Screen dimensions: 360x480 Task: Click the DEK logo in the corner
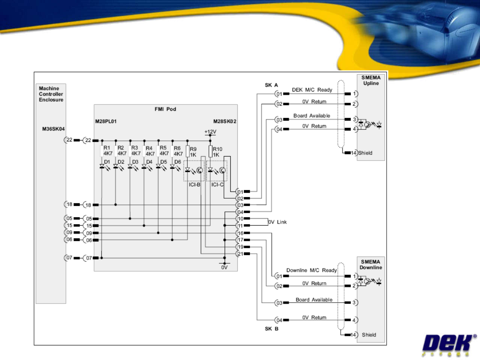coord(449,344)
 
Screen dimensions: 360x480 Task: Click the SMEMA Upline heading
coord(371,80)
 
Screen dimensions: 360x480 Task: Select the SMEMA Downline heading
coord(371,265)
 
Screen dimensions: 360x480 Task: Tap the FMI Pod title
coord(165,109)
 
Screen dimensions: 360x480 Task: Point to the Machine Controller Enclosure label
coord(51,94)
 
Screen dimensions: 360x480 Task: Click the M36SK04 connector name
coord(53,129)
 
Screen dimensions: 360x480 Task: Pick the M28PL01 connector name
coord(106,121)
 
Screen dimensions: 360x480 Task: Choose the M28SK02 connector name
coord(225,121)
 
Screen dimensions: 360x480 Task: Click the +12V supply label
coord(210,132)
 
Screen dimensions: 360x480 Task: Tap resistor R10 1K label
coord(217,152)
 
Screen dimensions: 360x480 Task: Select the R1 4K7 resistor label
coord(107,150)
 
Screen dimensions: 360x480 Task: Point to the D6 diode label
coord(178,162)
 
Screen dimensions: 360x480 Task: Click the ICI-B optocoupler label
coord(194,185)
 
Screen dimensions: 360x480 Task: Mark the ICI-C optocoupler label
coord(217,185)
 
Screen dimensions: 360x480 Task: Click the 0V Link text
coord(277,222)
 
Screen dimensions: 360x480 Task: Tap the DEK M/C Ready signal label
coord(312,90)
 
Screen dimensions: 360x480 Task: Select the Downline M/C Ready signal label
coord(312,270)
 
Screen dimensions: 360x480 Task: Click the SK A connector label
coord(271,85)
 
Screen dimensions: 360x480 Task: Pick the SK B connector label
coord(271,329)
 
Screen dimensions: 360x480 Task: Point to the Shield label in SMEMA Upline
coord(365,153)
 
